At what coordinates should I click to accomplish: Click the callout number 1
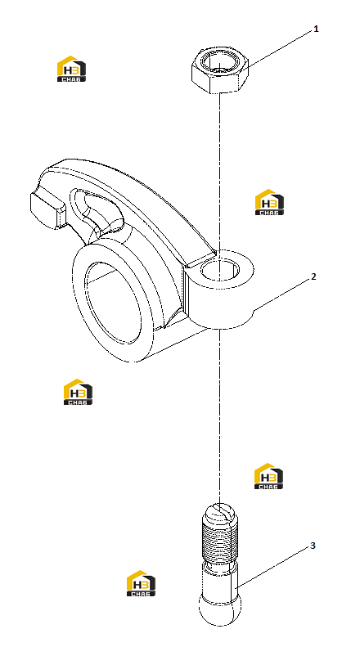pyautogui.click(x=316, y=29)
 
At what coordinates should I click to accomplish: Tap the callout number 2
pyautogui.click(x=313, y=276)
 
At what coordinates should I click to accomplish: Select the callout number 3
pyautogui.click(x=313, y=546)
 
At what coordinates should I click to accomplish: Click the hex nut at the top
pyautogui.click(x=220, y=70)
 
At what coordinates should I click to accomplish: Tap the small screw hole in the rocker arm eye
pyautogui.click(x=220, y=270)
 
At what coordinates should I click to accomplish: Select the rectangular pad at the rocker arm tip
pyautogui.click(x=46, y=210)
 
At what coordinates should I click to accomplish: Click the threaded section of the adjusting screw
pyautogui.click(x=220, y=541)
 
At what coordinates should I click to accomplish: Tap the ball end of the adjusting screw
pyautogui.click(x=220, y=610)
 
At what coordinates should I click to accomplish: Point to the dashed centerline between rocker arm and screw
pyautogui.click(x=219, y=416)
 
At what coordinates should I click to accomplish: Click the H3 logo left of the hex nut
pyautogui.click(x=71, y=69)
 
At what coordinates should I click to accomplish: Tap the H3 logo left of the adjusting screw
pyautogui.click(x=141, y=583)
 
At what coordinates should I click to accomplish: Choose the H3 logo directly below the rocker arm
pyautogui.click(x=78, y=392)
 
